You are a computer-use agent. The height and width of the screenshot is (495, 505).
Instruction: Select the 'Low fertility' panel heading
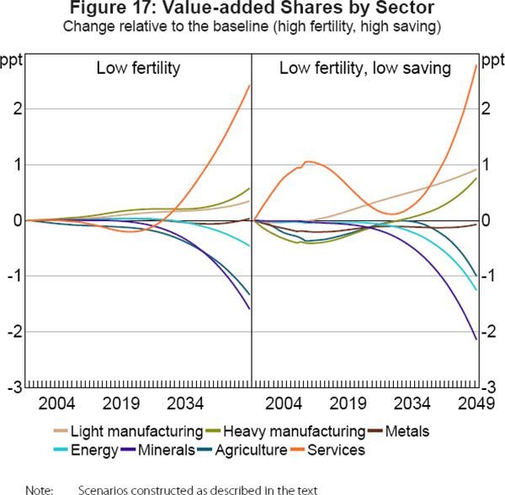pos(138,67)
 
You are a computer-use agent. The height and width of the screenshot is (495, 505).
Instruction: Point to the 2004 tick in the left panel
pos(62,403)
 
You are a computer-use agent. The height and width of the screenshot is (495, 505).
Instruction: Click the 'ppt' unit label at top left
pos(12,61)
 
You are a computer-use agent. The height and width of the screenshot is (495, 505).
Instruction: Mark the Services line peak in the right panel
pos(308,161)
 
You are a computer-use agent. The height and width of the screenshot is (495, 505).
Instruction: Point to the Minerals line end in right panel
pos(476,340)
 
